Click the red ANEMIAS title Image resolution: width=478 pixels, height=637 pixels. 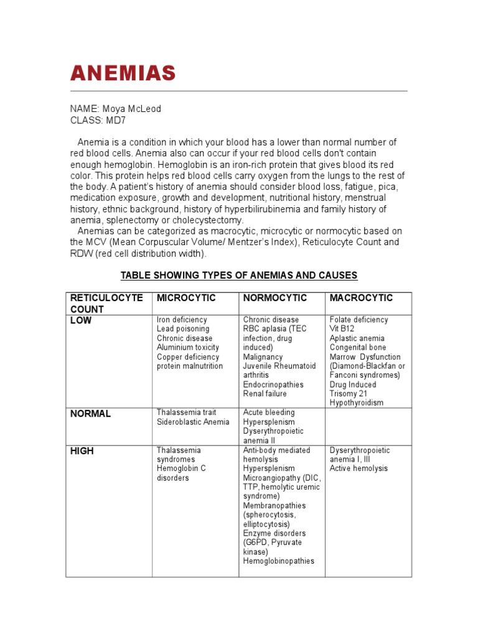tap(123, 73)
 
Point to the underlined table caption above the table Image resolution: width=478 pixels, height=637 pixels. tap(239, 275)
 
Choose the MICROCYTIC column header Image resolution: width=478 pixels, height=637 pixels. tap(186, 298)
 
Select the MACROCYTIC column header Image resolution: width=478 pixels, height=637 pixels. tap(361, 298)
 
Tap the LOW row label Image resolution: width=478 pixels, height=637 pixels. tap(81, 320)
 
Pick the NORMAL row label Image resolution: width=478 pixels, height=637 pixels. tap(90, 414)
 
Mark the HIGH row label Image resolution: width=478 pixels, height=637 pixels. tap(82, 451)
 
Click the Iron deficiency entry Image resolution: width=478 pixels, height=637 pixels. tap(182, 320)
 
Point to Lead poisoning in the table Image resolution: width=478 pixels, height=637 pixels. tap(183, 329)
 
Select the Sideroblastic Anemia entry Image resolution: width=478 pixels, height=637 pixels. tap(193, 422)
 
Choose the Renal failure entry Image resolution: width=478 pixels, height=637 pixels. tap(265, 394)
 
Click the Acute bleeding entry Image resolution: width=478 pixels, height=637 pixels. tap(269, 412)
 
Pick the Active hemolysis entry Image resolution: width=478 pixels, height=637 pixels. tap(358, 468)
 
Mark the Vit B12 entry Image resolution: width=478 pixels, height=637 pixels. tap(342, 329)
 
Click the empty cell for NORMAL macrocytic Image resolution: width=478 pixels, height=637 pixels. tap(368, 425)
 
